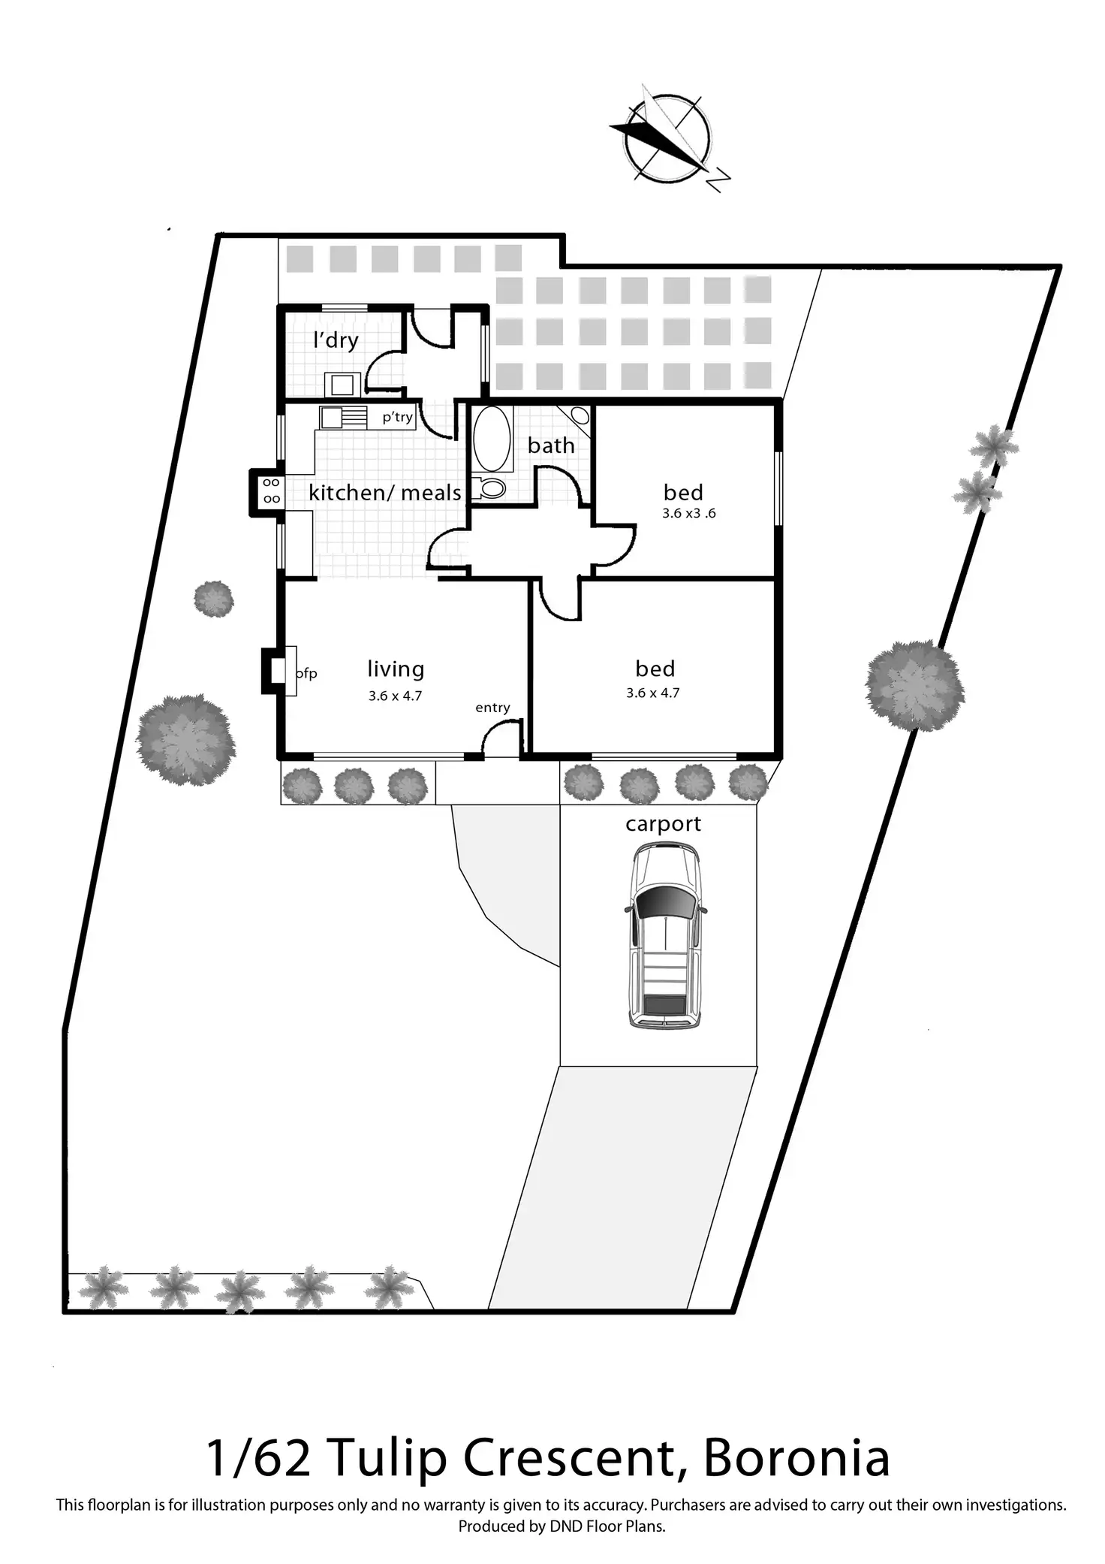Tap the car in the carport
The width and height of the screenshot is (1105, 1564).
pyautogui.click(x=665, y=935)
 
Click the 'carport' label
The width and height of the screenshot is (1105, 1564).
pyautogui.click(x=663, y=824)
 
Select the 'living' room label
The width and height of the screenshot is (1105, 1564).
pyautogui.click(x=396, y=669)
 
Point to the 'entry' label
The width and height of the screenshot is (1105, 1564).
pyautogui.click(x=492, y=708)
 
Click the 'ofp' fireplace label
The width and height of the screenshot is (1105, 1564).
pyautogui.click(x=306, y=674)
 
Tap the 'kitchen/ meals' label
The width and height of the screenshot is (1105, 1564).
pyautogui.click(x=384, y=493)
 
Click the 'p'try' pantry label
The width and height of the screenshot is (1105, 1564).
pyautogui.click(x=397, y=417)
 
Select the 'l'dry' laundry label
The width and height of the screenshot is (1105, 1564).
pyautogui.click(x=336, y=340)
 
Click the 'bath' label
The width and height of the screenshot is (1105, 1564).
pyautogui.click(x=551, y=445)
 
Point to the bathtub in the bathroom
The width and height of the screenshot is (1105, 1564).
pyautogui.click(x=492, y=439)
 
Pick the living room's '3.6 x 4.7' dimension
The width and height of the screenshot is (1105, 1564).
pyautogui.click(x=395, y=696)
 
